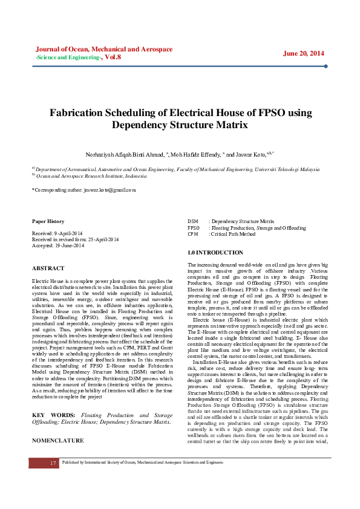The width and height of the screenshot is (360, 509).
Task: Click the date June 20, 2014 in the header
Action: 303,53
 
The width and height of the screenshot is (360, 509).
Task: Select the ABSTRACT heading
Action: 48,268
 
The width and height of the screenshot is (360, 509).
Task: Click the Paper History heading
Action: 48,221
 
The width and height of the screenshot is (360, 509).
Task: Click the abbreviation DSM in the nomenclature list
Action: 193,222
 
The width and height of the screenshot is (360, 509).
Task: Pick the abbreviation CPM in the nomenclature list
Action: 193,234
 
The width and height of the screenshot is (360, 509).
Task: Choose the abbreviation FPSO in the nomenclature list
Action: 194,228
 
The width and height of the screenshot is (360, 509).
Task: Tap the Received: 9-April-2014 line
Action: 57,233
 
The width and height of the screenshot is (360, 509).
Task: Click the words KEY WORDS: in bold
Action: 54,398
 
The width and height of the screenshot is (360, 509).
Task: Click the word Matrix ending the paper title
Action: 235,125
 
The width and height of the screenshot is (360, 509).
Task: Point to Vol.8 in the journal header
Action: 113,57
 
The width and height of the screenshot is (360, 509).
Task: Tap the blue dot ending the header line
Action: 326,66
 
